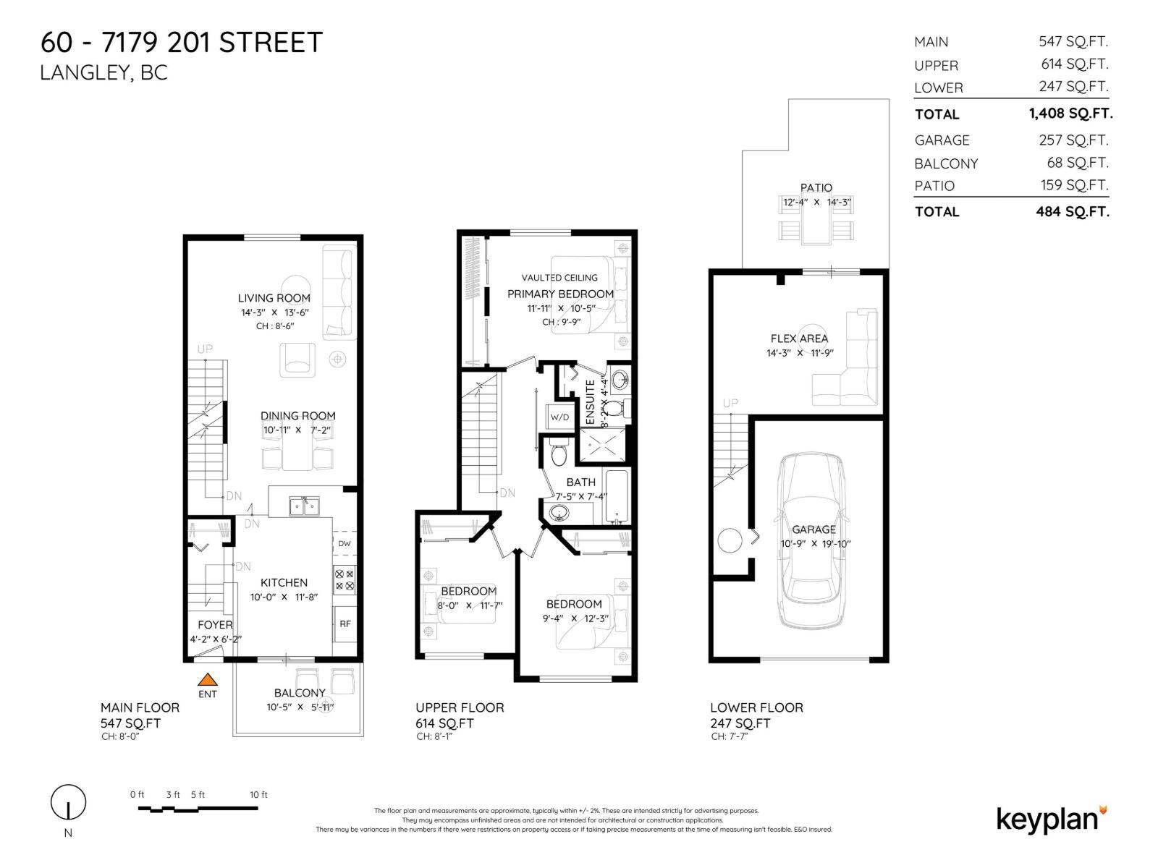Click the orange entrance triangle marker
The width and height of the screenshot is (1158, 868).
[x=208, y=679]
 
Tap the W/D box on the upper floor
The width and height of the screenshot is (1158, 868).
[x=559, y=417]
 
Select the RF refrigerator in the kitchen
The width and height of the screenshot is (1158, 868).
[x=345, y=624]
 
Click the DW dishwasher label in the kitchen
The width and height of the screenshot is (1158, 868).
[x=345, y=544]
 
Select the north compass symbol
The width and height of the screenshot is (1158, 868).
[x=68, y=803]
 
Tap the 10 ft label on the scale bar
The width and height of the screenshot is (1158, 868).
[x=258, y=794]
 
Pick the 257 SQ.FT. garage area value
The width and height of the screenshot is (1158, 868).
[x=1073, y=140]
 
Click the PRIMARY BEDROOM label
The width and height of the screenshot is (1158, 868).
[x=560, y=294]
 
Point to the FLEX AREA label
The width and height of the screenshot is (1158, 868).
[x=799, y=339]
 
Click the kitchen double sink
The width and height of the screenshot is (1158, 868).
[x=304, y=506]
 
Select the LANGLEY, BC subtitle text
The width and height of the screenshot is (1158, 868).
[x=103, y=73]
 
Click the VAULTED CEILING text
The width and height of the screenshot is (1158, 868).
[x=559, y=278]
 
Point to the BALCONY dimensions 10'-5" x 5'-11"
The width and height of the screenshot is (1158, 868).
[x=300, y=707]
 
